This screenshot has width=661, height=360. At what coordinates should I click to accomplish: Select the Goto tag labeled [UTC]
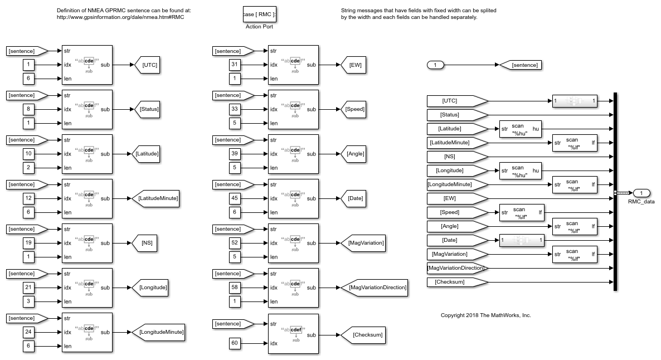(x=148, y=65)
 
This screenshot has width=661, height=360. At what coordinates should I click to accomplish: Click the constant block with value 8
(x=29, y=109)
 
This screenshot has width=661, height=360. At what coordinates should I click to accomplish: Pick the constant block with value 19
(x=29, y=243)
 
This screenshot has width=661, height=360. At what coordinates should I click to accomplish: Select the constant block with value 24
(x=29, y=332)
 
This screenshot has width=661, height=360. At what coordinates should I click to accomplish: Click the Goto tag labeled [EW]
(x=354, y=65)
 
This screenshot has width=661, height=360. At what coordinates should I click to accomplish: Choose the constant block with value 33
(x=235, y=109)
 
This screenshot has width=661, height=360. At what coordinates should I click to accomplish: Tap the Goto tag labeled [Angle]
(x=354, y=154)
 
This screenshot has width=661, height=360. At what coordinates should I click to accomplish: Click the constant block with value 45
(x=235, y=198)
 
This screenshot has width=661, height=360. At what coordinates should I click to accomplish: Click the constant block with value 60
(x=235, y=343)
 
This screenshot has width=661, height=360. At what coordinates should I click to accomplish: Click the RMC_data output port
(x=641, y=193)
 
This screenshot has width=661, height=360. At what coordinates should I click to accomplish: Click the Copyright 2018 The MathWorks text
(x=485, y=315)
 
